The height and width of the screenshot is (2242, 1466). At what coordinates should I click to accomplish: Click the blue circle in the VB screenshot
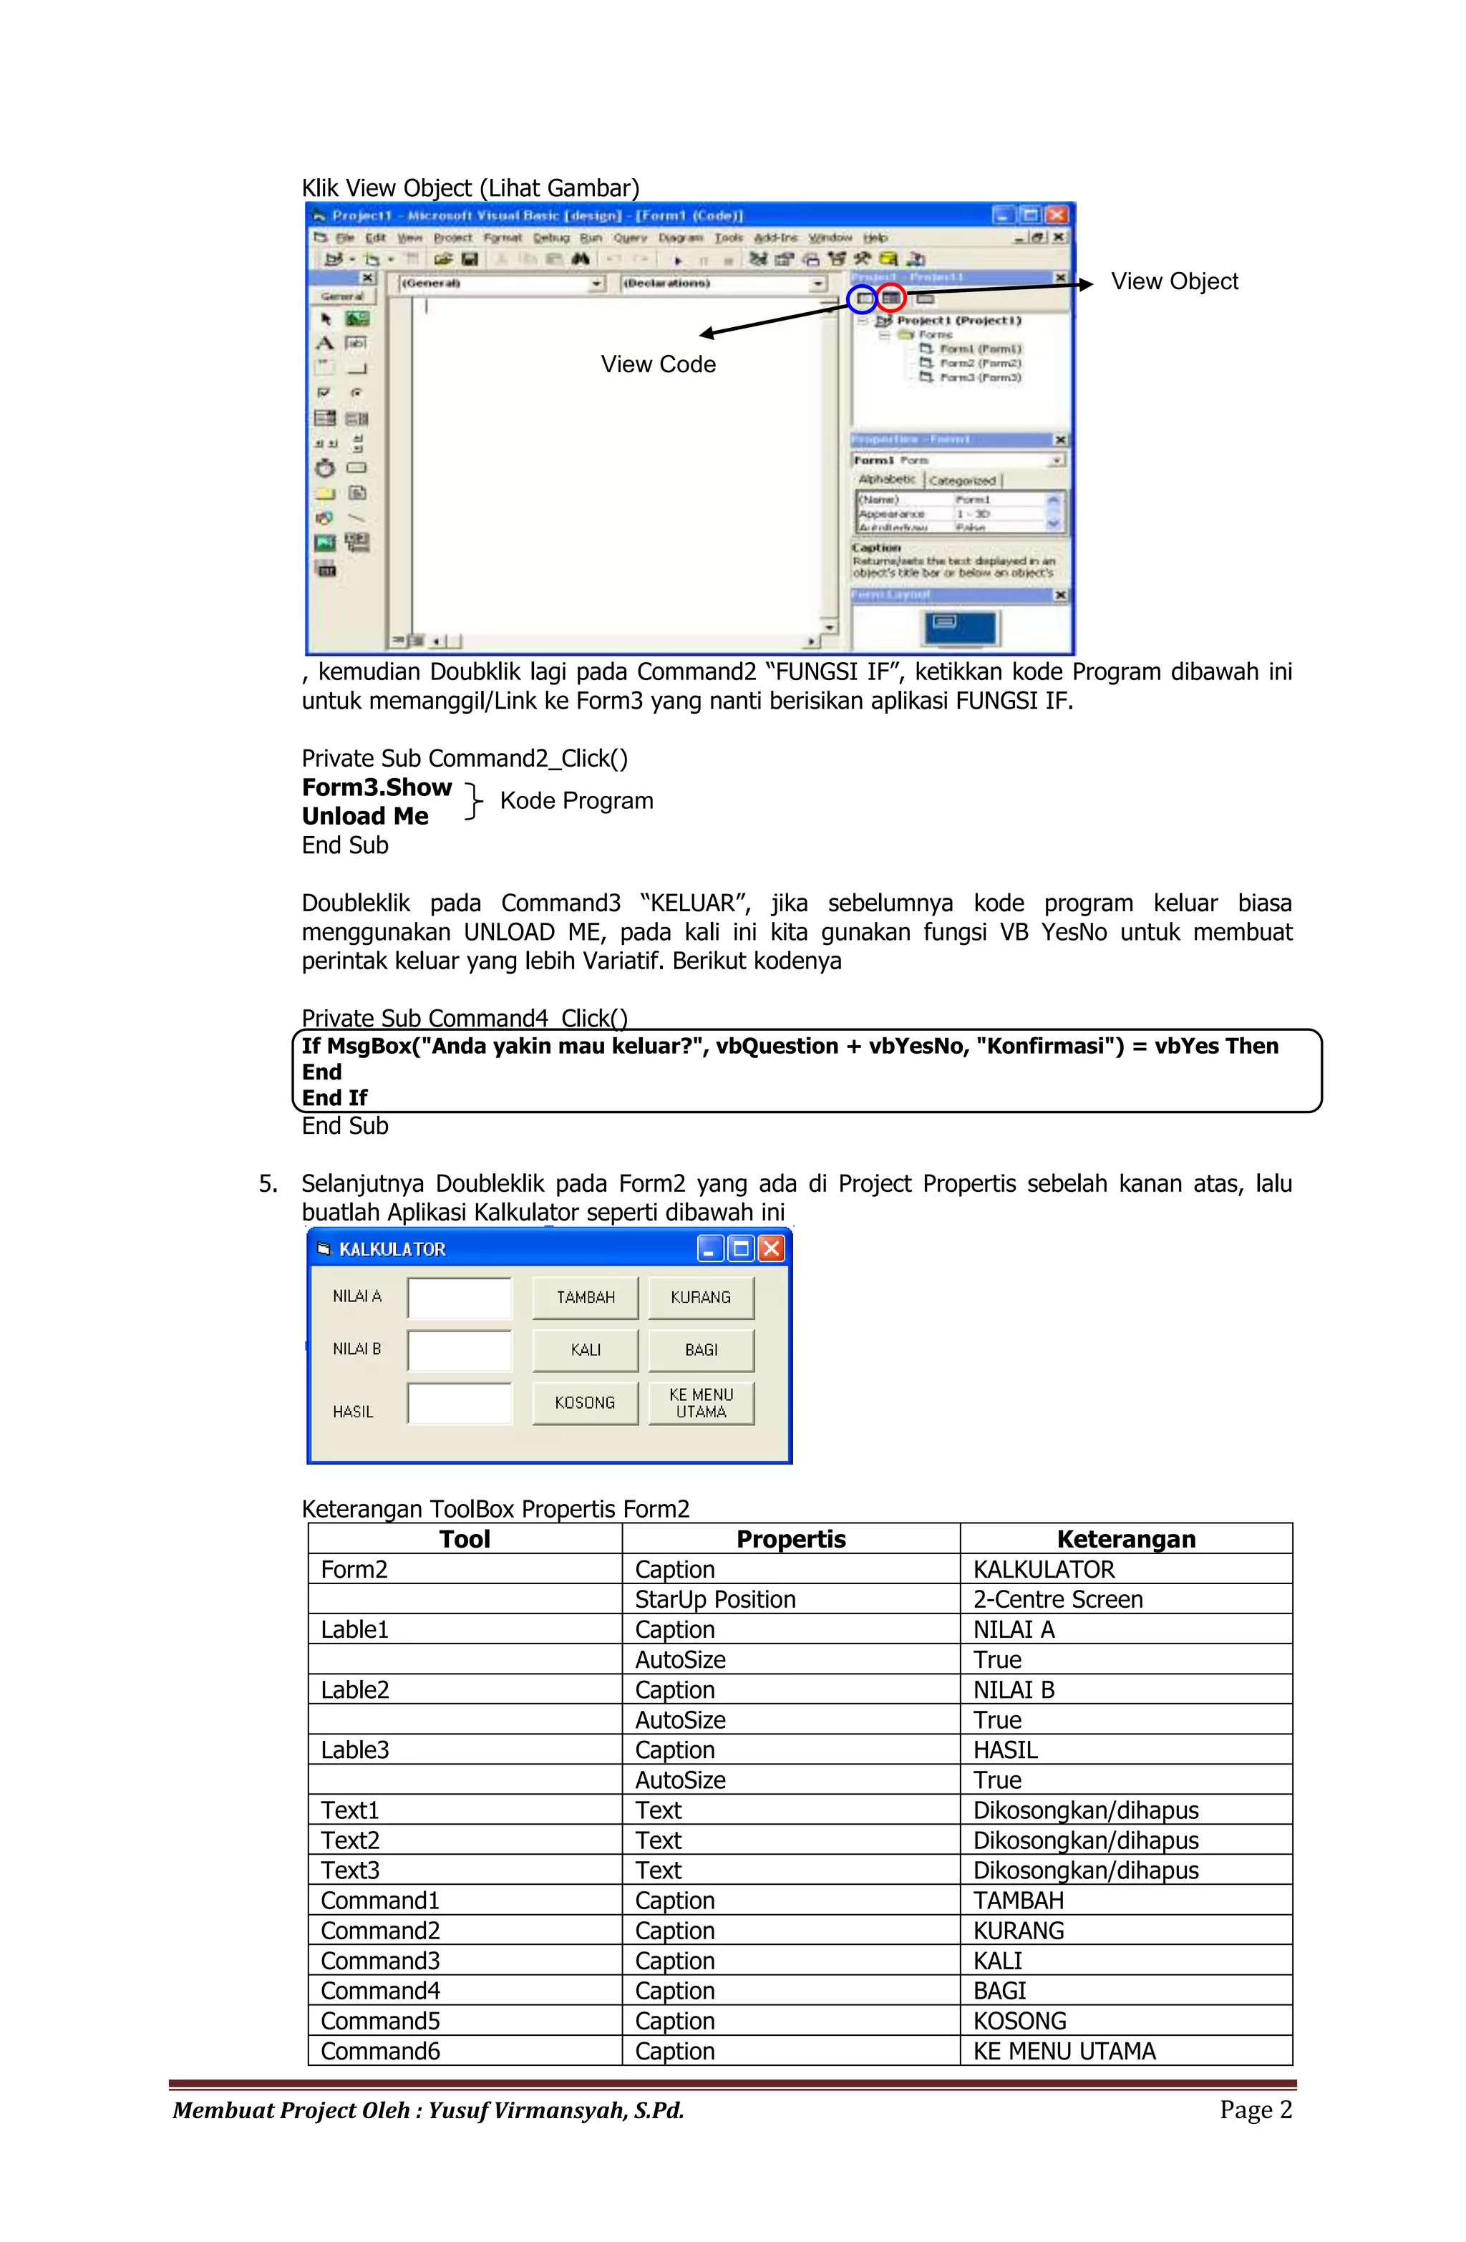860,299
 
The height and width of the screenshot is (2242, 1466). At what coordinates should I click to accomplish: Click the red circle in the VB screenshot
890,299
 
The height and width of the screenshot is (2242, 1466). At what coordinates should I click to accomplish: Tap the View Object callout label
1173,281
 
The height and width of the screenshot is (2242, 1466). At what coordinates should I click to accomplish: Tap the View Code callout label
658,364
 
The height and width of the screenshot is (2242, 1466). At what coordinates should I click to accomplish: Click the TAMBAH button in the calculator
584,1297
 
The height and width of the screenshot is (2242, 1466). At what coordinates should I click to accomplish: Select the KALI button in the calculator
584,1350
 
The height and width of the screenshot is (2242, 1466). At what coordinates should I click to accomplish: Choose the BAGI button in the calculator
700,1350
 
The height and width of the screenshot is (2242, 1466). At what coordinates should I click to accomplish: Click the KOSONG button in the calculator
584,1402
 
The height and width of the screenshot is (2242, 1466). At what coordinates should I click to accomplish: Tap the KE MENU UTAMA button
700,1402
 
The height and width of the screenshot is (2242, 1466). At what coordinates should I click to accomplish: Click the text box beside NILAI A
459,1297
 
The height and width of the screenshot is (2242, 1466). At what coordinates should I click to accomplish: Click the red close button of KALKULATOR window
771,1248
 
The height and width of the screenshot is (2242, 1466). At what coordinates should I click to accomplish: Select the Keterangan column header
1125,1539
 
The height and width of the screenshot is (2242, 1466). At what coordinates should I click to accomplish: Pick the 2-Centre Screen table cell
1057,1600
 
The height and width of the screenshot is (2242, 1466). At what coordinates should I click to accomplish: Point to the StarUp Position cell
714,1600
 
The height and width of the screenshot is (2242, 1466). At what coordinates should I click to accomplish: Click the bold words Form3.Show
376,787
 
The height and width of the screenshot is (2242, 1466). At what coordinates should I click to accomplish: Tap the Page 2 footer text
1255,2109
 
